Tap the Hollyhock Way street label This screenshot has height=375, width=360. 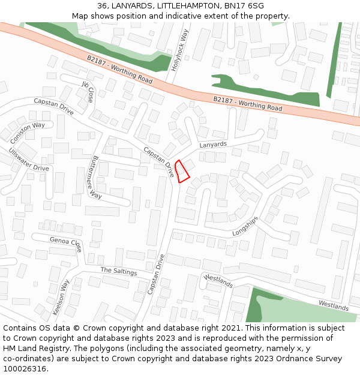(179, 50)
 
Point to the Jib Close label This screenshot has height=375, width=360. (88, 92)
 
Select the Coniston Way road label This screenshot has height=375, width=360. (28, 131)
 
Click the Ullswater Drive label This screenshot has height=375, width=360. (28, 160)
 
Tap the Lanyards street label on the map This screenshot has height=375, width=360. (213, 145)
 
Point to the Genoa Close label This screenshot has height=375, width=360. (65, 244)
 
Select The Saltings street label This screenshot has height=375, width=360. (118, 272)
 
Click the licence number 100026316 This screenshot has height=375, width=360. (25, 369)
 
